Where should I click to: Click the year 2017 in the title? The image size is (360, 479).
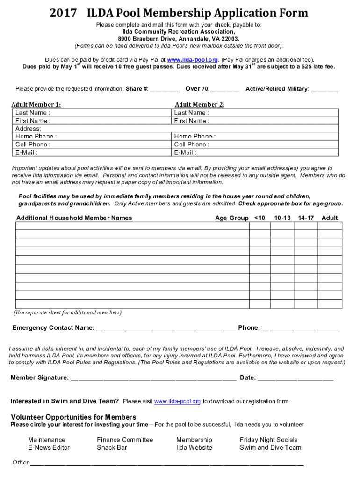pos(64,13)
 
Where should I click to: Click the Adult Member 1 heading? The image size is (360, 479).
pos(36,105)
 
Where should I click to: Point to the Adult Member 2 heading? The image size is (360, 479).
pos(200,105)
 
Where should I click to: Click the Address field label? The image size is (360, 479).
pos(28,129)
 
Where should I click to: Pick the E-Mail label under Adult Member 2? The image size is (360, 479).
pos(185,152)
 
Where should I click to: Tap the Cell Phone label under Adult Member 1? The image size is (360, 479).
pos(33,145)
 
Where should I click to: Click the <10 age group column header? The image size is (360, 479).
pos(259,218)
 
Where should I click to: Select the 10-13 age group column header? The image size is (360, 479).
pos(282,218)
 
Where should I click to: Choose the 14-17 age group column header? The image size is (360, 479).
pos(306,218)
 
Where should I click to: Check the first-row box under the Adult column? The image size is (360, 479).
pos(330,226)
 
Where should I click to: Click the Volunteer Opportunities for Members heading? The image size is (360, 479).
pos(73,417)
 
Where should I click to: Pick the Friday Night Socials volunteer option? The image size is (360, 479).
pos(268,440)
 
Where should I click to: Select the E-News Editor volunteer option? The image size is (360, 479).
pos(49,448)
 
